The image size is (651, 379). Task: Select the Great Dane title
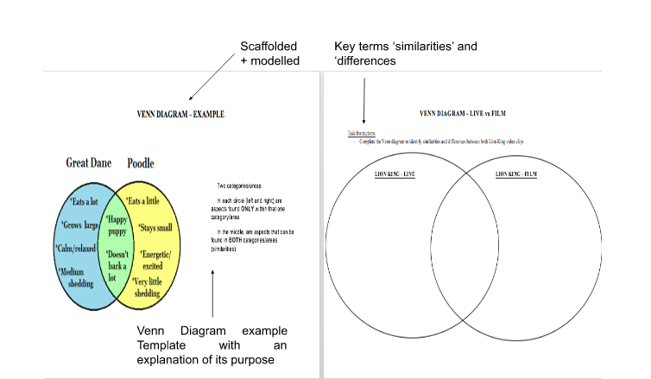tap(89, 163)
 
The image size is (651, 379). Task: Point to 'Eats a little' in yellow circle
tap(144, 201)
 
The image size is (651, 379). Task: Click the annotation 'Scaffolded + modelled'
tap(270, 53)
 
